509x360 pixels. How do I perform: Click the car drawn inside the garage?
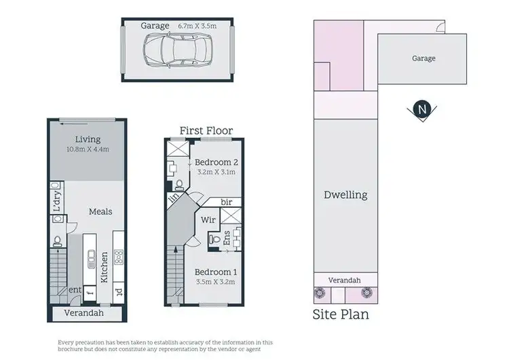click(176, 50)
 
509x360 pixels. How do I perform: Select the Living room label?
click(88, 139)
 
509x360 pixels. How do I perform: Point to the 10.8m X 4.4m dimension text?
click(88, 149)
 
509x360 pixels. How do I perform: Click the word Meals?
click(100, 212)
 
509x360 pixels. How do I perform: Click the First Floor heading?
click(206, 130)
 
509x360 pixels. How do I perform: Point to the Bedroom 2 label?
click(216, 162)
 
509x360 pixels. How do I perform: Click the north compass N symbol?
click(423, 109)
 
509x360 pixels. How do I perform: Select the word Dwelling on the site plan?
click(345, 195)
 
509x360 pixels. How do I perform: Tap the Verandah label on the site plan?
click(344, 281)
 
